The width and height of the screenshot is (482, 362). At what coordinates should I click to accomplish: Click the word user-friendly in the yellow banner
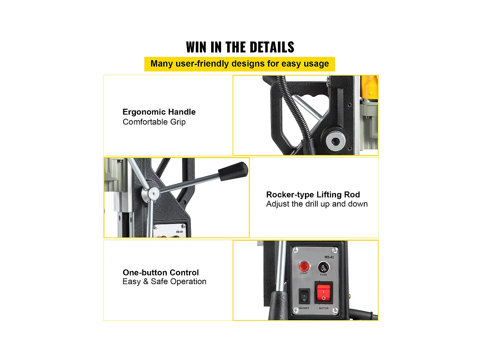point(202,64)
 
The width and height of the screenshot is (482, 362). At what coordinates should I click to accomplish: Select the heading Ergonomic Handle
point(159,112)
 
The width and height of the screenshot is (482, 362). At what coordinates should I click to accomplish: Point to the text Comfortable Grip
point(154,122)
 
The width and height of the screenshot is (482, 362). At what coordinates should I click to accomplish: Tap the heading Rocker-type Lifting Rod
point(313,195)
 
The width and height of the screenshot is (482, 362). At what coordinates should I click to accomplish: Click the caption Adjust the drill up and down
point(317,204)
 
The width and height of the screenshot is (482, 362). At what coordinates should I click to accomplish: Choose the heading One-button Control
point(161,273)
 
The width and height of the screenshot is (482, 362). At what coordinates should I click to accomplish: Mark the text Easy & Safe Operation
point(164,282)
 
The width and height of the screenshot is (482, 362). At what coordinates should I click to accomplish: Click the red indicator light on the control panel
point(304,266)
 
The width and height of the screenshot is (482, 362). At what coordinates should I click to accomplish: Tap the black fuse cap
point(324,267)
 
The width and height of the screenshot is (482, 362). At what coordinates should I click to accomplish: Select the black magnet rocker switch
point(304,296)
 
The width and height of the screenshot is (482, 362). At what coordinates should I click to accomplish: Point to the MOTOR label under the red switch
point(324,308)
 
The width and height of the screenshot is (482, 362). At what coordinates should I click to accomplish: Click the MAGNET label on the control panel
point(304,308)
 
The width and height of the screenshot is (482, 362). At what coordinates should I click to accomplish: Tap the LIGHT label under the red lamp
point(304,273)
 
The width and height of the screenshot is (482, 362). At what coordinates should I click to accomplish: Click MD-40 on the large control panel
point(329,257)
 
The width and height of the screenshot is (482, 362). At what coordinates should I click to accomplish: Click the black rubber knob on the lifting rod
point(233,171)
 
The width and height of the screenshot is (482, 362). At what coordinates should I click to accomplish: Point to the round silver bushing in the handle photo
point(335,141)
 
